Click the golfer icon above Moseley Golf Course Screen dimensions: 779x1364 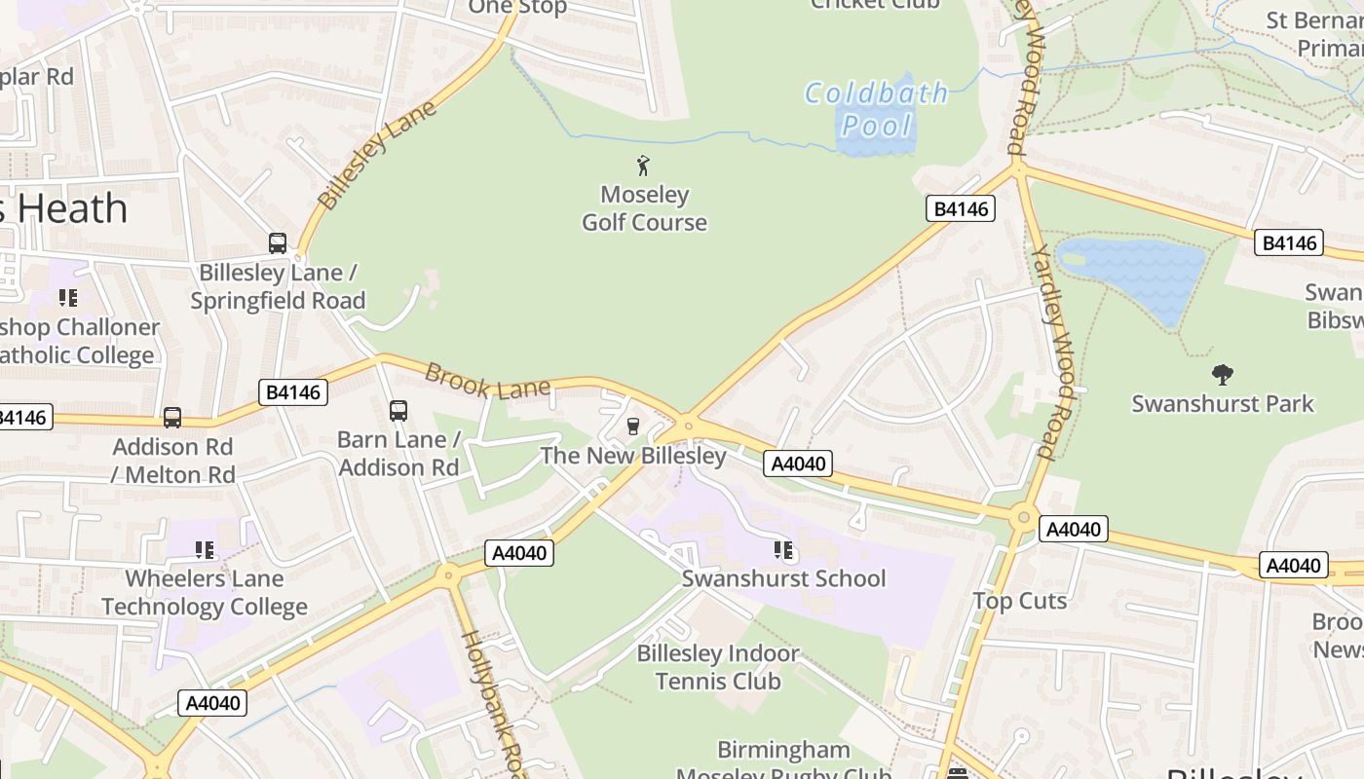point(643,166)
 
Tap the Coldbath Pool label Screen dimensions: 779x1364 point(876,109)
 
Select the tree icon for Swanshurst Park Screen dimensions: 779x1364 point(1222,375)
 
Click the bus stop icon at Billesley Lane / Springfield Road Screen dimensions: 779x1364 point(278,243)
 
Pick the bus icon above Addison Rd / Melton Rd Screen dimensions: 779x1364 point(172,418)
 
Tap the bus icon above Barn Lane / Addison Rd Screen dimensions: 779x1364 point(398,411)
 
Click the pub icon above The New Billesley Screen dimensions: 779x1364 point(633,427)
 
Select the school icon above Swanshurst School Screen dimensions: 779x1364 point(783,551)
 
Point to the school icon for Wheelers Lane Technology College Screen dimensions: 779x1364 point(205,551)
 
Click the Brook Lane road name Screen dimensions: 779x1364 point(488,383)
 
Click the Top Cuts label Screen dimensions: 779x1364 point(1019,601)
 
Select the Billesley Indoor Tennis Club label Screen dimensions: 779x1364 point(718,667)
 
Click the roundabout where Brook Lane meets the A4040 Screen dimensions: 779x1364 point(688,426)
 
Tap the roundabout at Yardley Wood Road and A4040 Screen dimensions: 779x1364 point(1023,517)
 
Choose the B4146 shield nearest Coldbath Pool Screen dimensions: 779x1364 point(961,208)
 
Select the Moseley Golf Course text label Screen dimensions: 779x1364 point(644,208)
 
